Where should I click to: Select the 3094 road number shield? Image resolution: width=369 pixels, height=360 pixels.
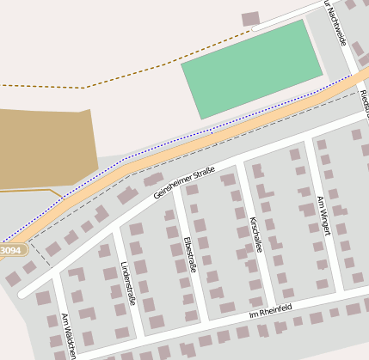(11, 250)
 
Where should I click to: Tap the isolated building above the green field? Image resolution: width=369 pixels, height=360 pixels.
(250, 18)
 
